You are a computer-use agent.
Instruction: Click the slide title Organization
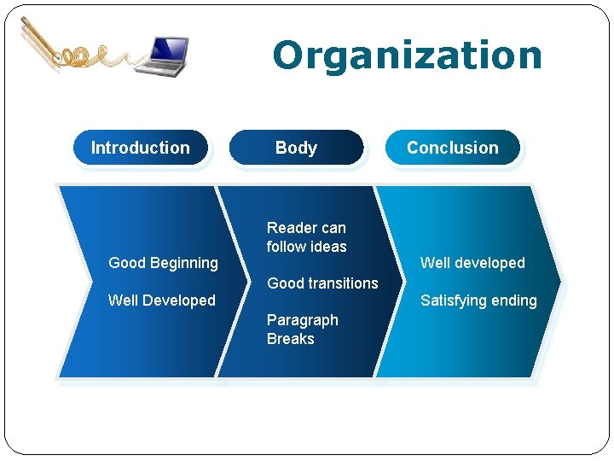(407, 55)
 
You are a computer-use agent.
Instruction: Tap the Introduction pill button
(141, 148)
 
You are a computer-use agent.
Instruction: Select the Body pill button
(296, 148)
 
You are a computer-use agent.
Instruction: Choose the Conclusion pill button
(452, 148)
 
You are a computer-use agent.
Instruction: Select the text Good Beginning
(163, 263)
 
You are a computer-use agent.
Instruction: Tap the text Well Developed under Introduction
(161, 301)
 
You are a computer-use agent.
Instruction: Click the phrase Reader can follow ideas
(306, 237)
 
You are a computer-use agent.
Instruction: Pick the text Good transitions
(322, 283)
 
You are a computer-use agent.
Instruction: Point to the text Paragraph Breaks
(302, 330)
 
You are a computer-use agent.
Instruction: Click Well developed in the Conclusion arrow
(472, 263)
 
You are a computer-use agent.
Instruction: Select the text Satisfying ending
(478, 301)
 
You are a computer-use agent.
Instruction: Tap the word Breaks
(290, 339)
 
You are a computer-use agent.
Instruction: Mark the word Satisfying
(453, 301)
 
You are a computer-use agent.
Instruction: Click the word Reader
(289, 228)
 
